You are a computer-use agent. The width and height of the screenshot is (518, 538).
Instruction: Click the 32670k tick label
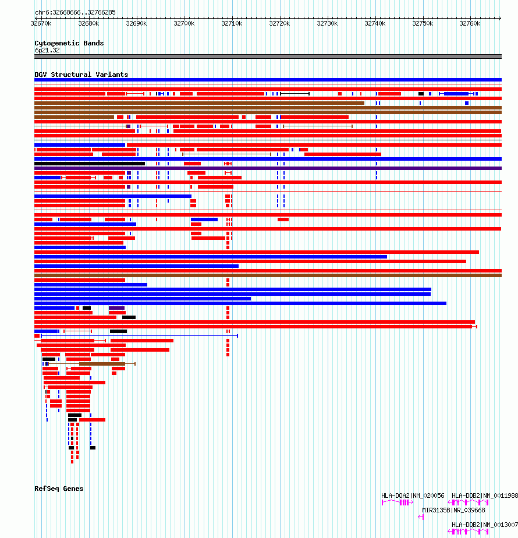[x=41, y=24]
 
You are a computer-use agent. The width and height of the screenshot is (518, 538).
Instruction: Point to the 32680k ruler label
[x=88, y=24]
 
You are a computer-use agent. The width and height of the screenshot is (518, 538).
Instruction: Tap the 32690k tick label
[x=136, y=24]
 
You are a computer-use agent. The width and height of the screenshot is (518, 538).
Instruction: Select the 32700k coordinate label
[x=184, y=24]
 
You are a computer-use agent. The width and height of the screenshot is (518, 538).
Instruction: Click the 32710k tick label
[x=232, y=24]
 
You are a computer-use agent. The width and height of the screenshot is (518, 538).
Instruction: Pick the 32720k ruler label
[x=279, y=24]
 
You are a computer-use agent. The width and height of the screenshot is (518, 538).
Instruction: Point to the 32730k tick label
[x=327, y=24]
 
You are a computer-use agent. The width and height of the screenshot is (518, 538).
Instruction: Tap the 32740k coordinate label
[x=375, y=24]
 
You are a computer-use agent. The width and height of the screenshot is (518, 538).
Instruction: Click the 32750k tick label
[x=423, y=24]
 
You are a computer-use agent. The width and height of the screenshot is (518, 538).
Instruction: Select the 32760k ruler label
[x=470, y=24]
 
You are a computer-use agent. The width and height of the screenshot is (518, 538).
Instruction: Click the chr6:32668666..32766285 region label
[x=75, y=12]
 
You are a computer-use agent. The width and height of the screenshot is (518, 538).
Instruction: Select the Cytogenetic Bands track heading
[x=69, y=43]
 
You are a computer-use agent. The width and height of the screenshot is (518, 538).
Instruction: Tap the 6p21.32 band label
[x=47, y=50]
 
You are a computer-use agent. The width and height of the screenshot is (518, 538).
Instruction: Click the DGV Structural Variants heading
[x=81, y=75]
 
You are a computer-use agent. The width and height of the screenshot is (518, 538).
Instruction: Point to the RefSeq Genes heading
[x=59, y=489]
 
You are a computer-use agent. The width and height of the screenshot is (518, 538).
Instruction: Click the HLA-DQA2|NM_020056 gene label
[x=413, y=495]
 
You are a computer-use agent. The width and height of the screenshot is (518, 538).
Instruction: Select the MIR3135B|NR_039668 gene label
[x=453, y=510]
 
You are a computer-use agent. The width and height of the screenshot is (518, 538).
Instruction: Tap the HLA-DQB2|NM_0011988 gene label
[x=484, y=495]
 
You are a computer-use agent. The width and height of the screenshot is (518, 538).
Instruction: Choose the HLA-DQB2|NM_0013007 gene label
[x=484, y=525]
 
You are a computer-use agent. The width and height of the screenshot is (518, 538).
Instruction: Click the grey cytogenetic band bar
[x=268, y=56]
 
